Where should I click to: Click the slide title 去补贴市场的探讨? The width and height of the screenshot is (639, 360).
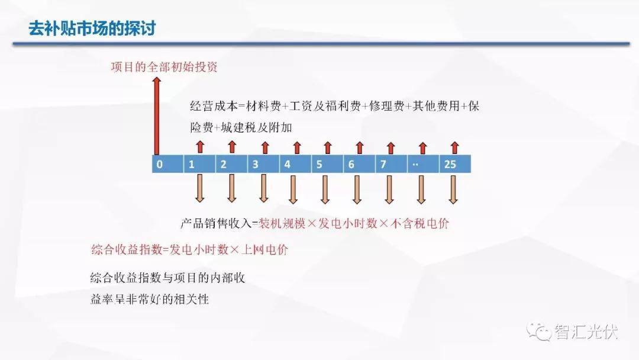coord(92,28)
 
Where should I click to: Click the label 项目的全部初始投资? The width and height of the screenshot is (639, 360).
coord(164,67)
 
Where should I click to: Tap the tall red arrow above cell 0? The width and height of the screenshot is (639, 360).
coord(156,116)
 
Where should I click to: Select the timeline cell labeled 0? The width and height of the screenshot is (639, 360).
coord(168,164)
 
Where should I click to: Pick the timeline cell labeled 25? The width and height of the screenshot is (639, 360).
coord(455,164)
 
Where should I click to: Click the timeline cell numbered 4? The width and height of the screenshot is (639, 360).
coord(295,164)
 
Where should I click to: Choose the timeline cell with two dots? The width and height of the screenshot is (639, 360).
coord(424,164)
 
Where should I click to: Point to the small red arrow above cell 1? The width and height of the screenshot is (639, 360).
coord(200,147)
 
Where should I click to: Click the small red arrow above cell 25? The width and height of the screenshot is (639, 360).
coord(455,147)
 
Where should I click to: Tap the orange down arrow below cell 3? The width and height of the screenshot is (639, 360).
coord(264,188)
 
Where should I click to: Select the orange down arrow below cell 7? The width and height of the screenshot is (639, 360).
coord(389,189)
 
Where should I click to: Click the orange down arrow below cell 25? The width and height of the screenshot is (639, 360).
coord(453,189)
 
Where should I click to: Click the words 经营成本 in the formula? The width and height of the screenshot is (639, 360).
coord(214,107)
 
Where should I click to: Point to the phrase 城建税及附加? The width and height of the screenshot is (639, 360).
coord(256,128)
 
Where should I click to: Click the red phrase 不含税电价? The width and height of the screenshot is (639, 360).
coord(419,223)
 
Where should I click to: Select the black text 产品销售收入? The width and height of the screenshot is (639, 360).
coord(216,223)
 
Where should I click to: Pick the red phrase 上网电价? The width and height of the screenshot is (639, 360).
coord(264,249)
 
